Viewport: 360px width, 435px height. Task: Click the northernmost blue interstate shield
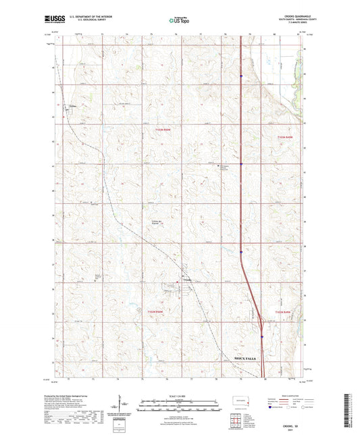[241, 76]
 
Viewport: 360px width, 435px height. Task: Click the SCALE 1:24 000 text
[179, 396]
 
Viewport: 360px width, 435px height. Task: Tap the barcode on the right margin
[353, 412]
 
